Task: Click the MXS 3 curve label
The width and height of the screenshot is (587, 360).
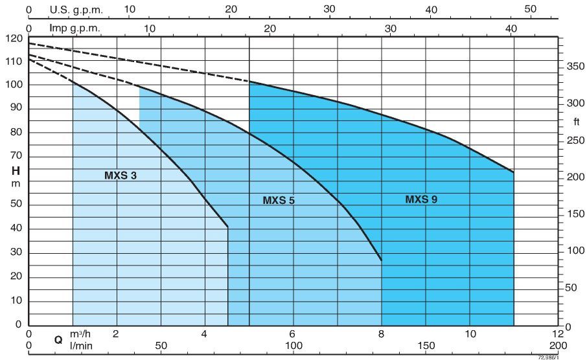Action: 121,175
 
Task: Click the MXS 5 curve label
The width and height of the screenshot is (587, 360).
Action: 279,200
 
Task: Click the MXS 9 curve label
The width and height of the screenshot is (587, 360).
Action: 421,199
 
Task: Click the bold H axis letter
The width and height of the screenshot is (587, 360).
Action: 15,170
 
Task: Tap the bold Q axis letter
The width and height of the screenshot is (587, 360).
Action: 58,339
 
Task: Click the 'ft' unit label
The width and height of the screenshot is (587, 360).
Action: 576,122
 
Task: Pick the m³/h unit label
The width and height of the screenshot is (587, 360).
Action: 81,333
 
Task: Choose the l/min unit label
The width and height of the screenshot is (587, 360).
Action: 81,346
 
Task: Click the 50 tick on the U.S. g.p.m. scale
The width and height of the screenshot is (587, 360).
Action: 531,9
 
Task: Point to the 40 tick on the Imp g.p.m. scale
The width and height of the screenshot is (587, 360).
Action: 511,28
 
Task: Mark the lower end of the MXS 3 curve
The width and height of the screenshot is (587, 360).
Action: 228,227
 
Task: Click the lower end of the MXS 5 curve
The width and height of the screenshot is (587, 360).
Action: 382,260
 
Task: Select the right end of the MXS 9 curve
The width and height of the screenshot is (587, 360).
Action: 514,172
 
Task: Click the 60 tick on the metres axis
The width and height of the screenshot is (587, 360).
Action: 15,180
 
